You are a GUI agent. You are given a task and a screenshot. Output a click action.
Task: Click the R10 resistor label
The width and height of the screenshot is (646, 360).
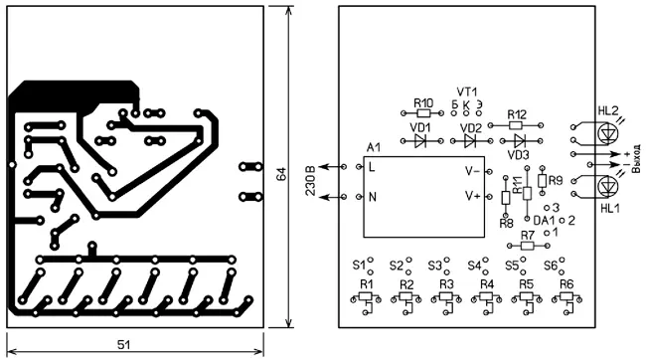point(423,102)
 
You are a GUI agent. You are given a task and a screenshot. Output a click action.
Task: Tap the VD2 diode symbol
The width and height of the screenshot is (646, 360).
point(470,141)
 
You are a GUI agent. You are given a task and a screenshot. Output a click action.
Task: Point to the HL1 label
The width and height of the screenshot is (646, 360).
point(610,208)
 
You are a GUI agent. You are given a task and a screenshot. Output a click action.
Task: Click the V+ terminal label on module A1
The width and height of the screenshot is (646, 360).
point(473,196)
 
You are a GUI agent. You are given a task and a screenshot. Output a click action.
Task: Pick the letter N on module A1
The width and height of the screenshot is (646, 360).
point(373,197)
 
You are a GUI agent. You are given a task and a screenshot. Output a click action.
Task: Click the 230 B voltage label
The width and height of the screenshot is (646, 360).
point(310,181)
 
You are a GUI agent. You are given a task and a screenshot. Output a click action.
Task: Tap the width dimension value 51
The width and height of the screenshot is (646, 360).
point(123,344)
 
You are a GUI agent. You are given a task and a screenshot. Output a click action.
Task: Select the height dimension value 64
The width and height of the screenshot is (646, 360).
point(281,174)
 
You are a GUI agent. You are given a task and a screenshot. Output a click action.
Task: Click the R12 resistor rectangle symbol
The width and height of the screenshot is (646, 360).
point(516,125)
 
